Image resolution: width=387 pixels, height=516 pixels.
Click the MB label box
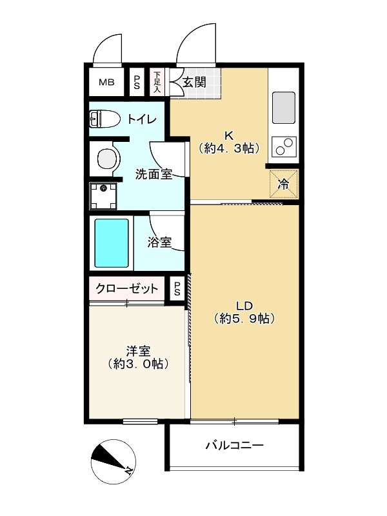coord(106,82)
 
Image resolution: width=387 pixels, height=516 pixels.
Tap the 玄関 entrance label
coord(193,82)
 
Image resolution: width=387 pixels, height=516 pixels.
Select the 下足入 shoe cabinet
coord(157,82)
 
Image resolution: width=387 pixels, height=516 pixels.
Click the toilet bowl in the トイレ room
coord(103,119)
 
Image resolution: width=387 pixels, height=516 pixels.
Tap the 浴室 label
coord(159,243)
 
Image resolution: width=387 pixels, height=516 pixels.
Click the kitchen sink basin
coord(284,107)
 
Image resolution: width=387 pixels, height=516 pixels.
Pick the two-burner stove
coord(284,148)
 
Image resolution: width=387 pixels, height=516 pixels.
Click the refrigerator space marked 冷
coord(284,183)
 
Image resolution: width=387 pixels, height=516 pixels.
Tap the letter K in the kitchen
coord(228,135)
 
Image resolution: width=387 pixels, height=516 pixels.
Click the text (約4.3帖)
coord(228,148)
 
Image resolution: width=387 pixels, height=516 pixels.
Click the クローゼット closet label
coord(127,288)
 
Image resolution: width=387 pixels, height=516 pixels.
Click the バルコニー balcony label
coord(235,446)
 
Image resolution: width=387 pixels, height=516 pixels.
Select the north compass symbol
coord(113,461)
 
